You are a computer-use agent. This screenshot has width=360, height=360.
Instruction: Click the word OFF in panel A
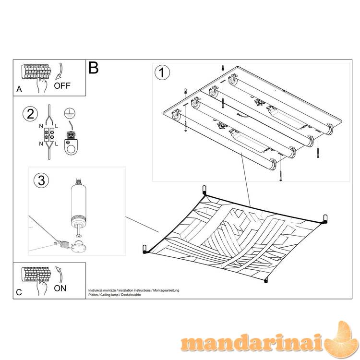point(62,85)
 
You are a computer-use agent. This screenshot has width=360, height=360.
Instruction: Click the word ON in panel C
point(60,288)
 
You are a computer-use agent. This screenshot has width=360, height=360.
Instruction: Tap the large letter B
point(94,68)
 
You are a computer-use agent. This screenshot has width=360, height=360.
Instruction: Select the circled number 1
point(162,73)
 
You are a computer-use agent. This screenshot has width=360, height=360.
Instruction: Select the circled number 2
point(30,114)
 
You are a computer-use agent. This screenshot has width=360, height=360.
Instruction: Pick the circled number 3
point(41,180)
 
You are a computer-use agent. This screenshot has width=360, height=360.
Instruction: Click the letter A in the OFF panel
point(19,89)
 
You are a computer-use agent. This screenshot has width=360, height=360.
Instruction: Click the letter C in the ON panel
point(19,292)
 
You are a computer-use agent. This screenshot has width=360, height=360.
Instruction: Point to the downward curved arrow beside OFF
point(60,71)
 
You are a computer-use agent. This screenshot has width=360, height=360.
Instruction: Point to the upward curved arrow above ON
point(60,275)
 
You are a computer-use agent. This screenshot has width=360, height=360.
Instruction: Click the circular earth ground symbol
point(70,113)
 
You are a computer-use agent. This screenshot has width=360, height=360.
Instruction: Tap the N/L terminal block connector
point(49,134)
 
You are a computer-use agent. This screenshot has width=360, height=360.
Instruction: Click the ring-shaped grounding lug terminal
point(71,144)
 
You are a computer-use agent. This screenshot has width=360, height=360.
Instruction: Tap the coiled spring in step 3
point(64,244)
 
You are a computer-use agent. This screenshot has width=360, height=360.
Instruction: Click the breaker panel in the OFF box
point(36,72)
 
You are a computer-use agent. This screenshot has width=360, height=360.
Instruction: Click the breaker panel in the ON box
point(36,274)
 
